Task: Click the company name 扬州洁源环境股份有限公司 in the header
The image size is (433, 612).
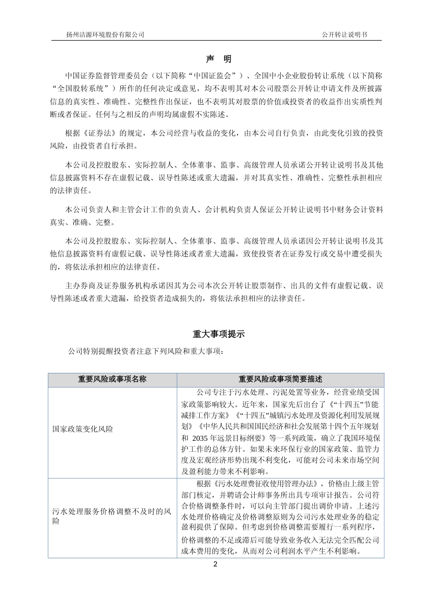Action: point(105,35)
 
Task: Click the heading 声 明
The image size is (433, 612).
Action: point(219,59)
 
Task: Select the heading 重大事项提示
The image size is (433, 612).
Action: point(219,334)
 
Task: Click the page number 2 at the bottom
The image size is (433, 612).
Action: point(216,565)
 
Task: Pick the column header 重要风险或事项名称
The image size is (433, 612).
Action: point(112,379)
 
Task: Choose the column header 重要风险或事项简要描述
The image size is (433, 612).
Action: point(280,379)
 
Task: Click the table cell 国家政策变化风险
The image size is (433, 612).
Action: point(83,429)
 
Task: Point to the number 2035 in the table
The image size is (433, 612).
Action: point(203,439)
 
